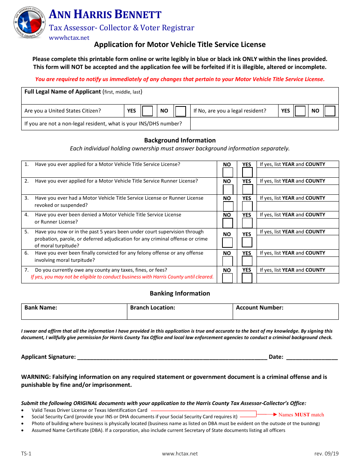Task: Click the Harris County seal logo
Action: click(30, 22)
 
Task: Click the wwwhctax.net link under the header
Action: click(69, 38)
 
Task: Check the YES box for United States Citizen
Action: click(147, 111)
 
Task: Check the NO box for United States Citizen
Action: click(180, 111)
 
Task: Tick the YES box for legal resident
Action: click(300, 111)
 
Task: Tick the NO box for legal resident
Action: click(330, 111)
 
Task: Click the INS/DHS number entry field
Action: click(264, 124)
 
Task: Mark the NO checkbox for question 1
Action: click(227, 173)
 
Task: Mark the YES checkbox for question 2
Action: click(247, 189)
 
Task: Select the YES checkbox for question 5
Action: click(247, 242)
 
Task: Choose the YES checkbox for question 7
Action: click(247, 278)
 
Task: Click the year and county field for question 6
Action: click(297, 261)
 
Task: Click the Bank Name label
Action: click(41, 308)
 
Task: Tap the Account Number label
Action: click(260, 308)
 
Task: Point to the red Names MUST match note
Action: click(301, 414)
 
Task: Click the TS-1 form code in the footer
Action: click(26, 453)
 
